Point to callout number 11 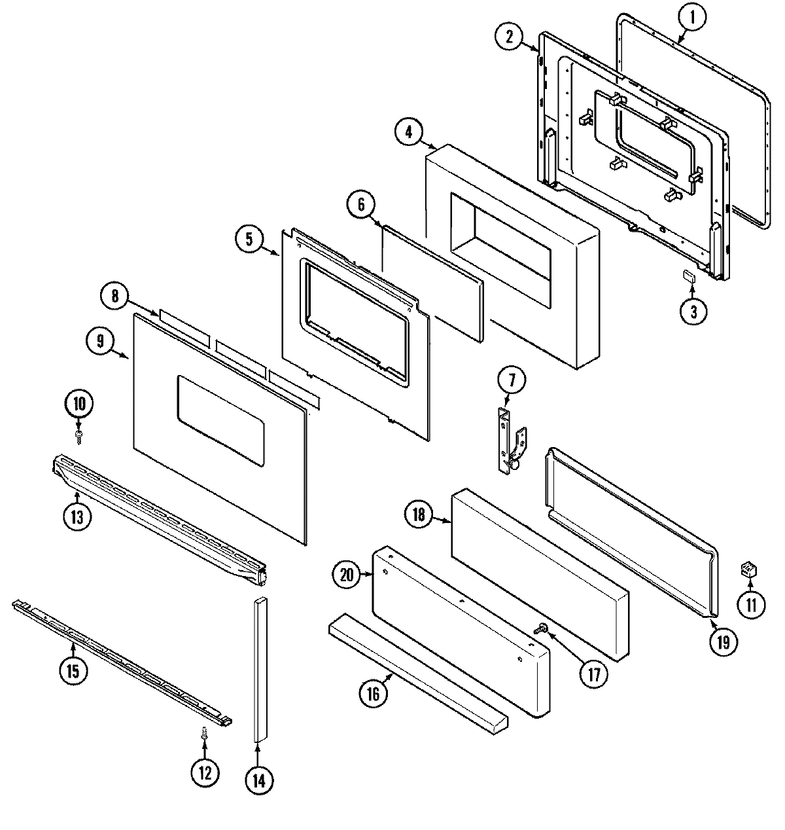[x=750, y=605]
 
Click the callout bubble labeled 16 [x=373, y=694]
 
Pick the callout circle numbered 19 [x=722, y=641]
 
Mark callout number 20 [x=347, y=576]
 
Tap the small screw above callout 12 [x=205, y=736]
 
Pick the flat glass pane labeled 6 [x=432, y=281]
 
